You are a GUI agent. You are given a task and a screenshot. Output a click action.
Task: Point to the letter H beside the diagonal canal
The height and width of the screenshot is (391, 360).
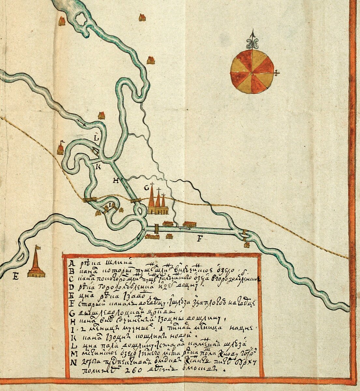116,181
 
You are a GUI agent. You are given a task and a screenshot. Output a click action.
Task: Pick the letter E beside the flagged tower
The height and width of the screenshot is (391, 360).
15,277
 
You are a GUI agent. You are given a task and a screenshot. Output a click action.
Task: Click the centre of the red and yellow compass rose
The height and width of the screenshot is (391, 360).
252,72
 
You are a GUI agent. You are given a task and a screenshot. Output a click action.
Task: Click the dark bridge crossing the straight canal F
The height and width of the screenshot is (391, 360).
156,228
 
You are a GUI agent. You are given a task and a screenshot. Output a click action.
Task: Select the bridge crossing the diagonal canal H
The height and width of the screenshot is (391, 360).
136,200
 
